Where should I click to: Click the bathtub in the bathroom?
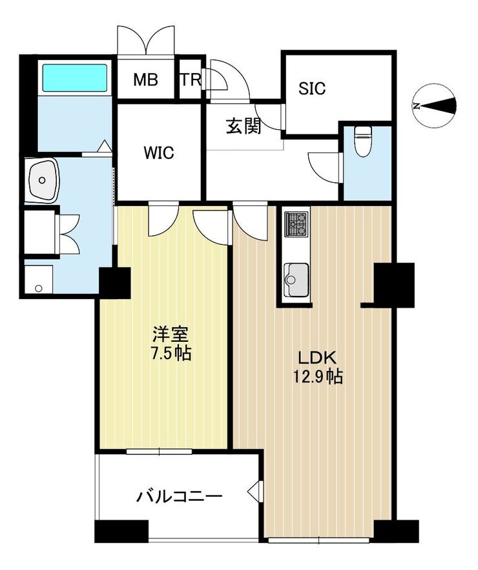(75, 78)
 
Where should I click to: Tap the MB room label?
(145, 79)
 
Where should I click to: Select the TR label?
(191, 79)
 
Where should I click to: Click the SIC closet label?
(311, 89)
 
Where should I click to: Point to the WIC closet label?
(159, 153)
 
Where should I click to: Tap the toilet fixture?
(362, 141)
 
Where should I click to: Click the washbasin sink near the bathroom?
(43, 180)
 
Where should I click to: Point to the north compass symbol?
(435, 106)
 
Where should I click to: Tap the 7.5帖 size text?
(171, 353)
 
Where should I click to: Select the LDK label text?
(318, 358)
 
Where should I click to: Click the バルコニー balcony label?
(179, 496)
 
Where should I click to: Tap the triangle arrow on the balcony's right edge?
(256, 492)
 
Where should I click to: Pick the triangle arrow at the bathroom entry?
(105, 146)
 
